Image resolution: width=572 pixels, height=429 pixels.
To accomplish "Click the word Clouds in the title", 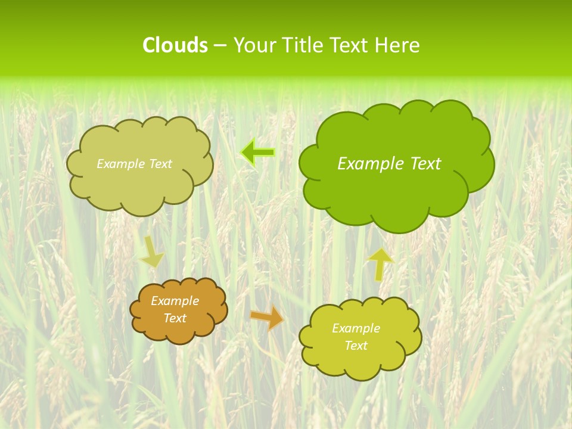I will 175,45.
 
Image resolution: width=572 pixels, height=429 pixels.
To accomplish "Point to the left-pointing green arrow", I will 257,153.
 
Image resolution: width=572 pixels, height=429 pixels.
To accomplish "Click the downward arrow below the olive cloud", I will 151,251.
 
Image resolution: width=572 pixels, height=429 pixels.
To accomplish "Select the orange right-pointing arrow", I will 266,318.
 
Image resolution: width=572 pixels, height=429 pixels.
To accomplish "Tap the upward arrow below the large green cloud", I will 380,264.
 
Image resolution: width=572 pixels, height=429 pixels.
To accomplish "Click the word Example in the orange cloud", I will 175,301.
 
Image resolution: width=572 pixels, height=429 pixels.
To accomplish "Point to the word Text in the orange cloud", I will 175,318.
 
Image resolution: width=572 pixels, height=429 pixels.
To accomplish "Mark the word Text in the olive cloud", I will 160,164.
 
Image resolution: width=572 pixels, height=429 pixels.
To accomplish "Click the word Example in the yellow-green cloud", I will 356,328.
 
